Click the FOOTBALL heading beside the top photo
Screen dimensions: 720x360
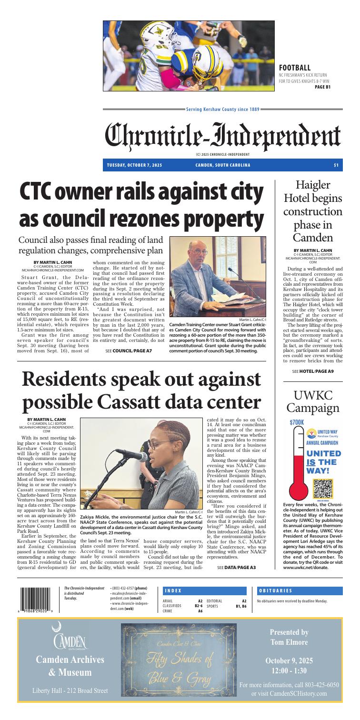294,68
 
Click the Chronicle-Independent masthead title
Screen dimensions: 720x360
223,135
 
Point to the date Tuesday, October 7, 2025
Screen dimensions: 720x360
135,165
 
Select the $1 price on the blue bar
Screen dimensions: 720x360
336,165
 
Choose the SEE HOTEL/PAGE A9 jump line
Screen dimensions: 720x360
312,384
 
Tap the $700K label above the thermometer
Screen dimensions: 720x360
296,422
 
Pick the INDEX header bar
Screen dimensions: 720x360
205,577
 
